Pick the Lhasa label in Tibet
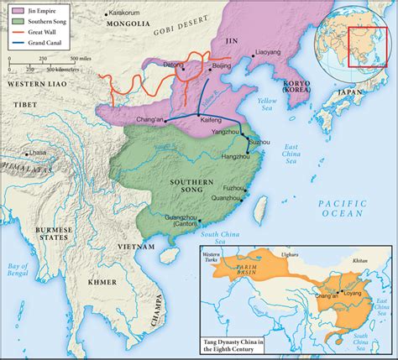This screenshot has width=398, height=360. point(37,153)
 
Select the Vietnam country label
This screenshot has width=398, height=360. point(135,248)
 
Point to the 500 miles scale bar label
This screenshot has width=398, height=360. point(81,58)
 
